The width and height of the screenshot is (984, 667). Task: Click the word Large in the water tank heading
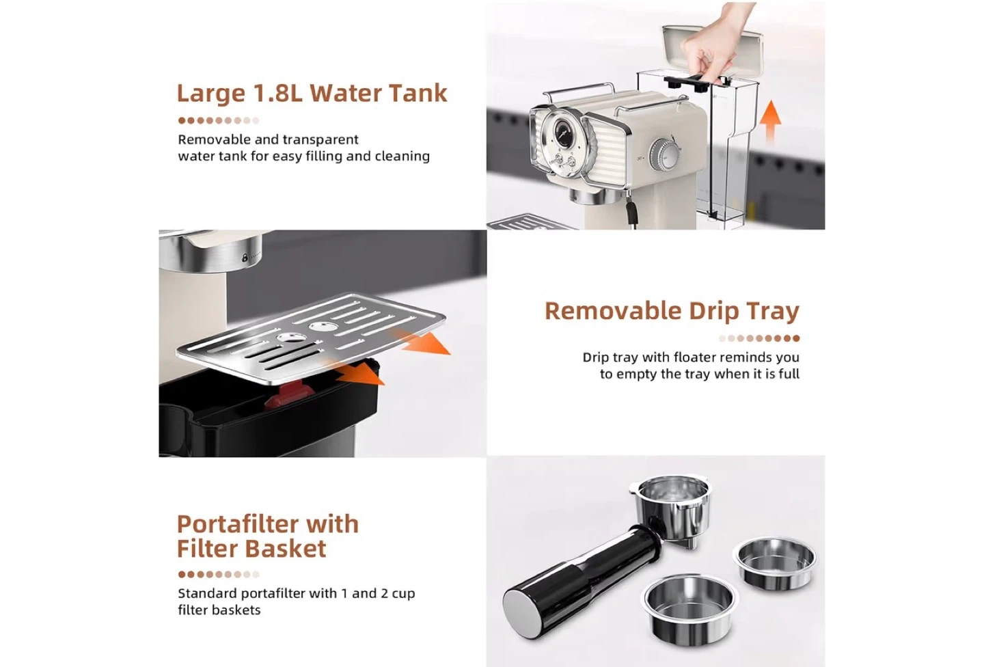[211, 94]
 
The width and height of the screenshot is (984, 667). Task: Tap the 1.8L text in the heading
[277, 93]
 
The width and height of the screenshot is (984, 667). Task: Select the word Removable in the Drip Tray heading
[613, 311]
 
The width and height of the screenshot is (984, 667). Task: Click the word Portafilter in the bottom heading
[236, 524]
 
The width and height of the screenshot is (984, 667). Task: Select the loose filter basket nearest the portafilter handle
[689, 606]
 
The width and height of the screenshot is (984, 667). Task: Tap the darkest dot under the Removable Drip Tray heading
[796, 338]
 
